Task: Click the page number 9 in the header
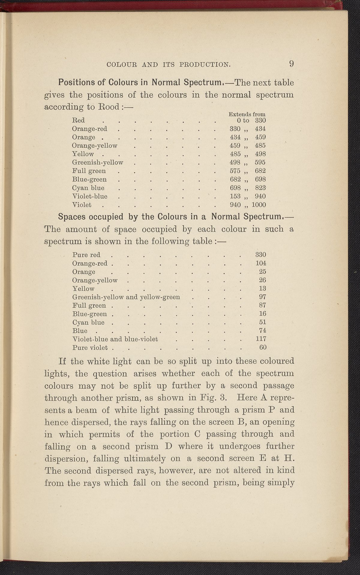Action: point(291,64)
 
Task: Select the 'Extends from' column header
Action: point(247,114)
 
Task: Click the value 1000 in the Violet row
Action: point(259,205)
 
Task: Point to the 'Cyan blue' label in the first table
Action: point(88,188)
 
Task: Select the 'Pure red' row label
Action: point(86,255)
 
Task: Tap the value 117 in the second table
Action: point(261,339)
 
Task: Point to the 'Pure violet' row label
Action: point(90,348)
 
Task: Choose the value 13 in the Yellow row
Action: point(262,289)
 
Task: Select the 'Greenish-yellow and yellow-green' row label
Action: point(126,297)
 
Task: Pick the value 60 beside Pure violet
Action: point(263,348)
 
